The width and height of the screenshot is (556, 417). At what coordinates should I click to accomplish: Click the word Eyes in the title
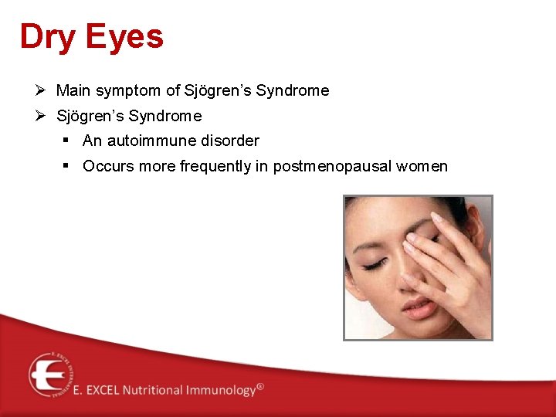125,38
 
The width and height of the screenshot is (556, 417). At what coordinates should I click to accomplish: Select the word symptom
132,91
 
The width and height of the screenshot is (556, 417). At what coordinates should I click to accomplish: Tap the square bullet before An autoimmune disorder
68,141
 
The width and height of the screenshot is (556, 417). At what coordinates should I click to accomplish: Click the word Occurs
105,167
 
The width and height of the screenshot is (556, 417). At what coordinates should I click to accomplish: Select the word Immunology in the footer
220,391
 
